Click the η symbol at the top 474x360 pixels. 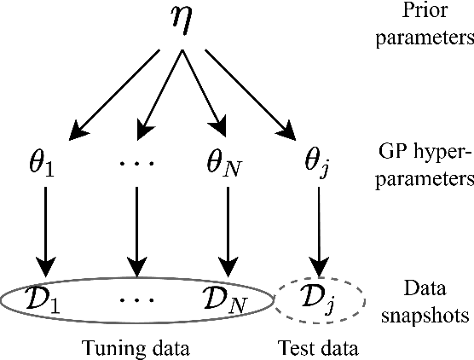182,25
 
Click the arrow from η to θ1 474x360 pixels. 116,93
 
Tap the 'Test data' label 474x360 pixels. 317,347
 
